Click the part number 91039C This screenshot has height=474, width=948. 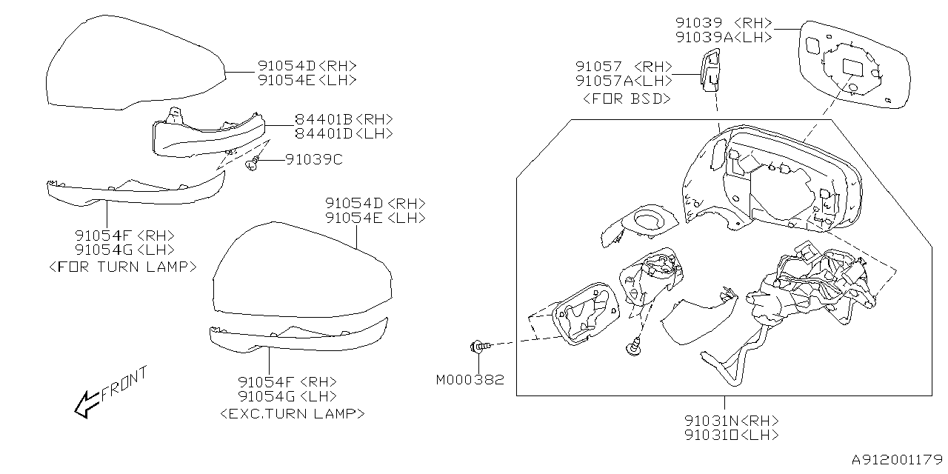coord(314,159)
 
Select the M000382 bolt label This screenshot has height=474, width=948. coord(470,380)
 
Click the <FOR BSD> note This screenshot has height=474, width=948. coord(627,98)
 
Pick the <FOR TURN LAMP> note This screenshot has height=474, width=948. coord(122,266)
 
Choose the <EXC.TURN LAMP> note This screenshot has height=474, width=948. coord(293,413)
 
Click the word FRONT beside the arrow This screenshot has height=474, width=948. coord(124,382)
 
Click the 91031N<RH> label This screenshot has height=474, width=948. coord(731,420)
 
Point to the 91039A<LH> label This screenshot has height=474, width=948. coord(724,37)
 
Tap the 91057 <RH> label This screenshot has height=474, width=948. coord(624,66)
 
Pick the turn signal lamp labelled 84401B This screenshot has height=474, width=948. coord(207,136)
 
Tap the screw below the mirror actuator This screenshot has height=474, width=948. coord(634,345)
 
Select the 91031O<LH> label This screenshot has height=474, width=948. coord(731,435)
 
